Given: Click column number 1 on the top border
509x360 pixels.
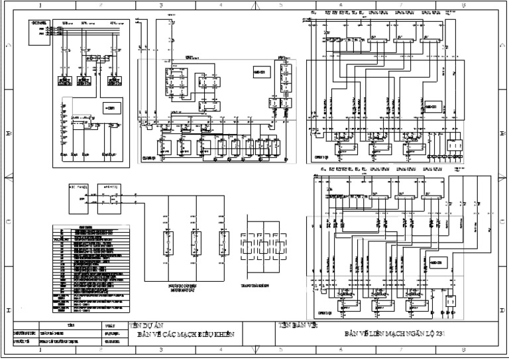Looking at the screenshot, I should coord(40,4).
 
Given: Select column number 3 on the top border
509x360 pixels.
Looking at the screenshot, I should coord(161,4).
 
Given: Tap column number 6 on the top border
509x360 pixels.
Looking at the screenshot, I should coord(340,4).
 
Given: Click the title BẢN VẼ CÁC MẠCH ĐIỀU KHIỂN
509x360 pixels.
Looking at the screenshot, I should coord(186,335).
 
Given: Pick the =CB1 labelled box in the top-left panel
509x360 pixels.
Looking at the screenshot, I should coord(110,107).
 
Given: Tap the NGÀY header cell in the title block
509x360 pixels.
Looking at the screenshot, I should coord(110,326).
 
